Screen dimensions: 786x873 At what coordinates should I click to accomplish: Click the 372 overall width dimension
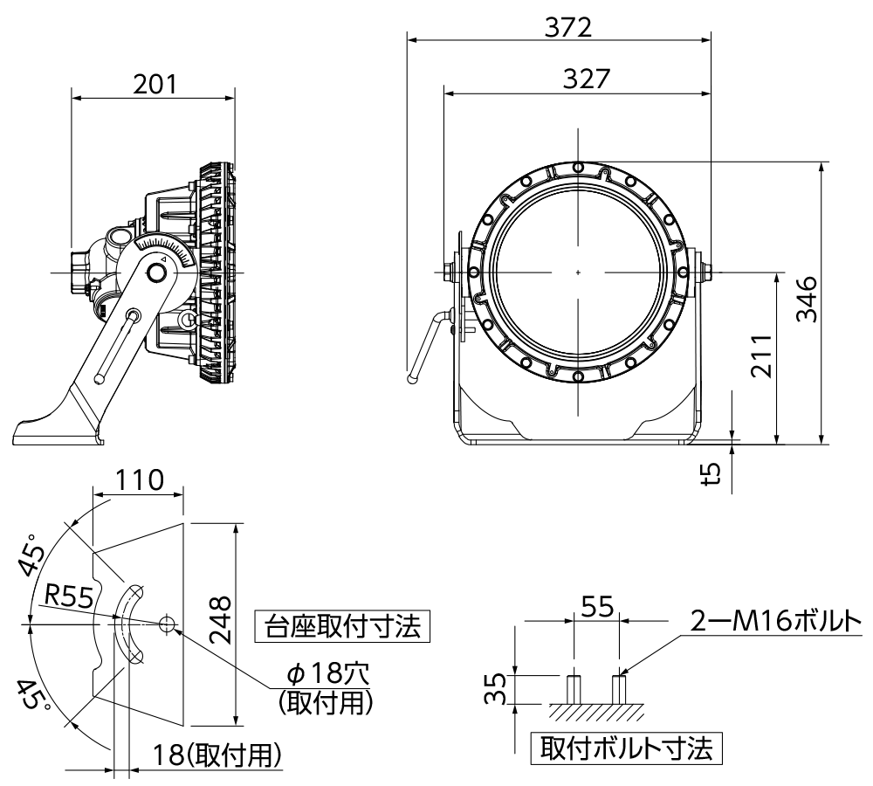tap(567, 27)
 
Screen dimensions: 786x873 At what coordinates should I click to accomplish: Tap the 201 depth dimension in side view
tap(155, 84)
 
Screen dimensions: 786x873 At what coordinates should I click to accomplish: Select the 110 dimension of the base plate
tap(140, 480)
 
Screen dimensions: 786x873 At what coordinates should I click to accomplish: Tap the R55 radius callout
tap(70, 596)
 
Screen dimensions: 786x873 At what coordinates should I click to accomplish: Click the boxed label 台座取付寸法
tap(342, 626)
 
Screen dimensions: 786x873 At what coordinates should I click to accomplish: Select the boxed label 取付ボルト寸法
tap(625, 748)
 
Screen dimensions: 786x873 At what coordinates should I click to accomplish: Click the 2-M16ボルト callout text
tap(775, 621)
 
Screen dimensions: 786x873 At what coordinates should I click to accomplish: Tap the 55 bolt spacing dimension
tap(597, 607)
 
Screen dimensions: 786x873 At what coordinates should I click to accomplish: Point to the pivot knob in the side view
tap(158, 273)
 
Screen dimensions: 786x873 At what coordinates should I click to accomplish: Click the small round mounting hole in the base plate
tap(168, 624)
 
